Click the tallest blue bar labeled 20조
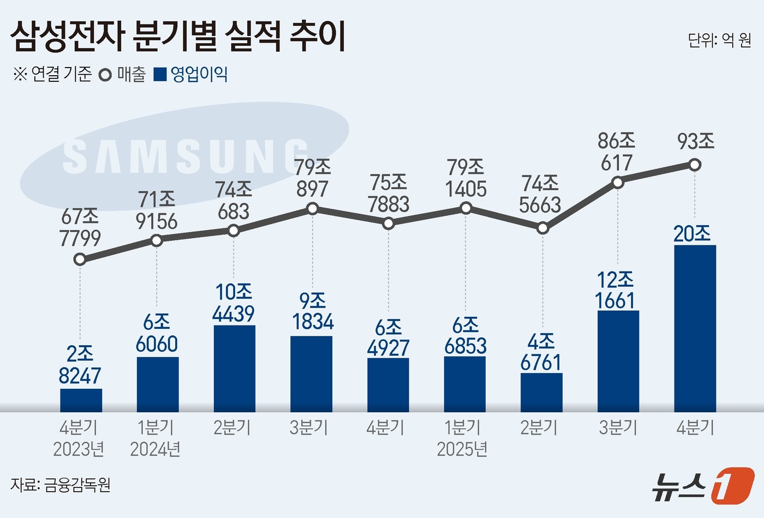click(x=695, y=328)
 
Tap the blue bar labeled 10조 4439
click(x=234, y=368)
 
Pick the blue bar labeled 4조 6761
click(x=541, y=392)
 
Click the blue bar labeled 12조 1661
click(x=618, y=361)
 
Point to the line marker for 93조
click(x=695, y=164)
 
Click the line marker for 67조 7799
click(x=80, y=259)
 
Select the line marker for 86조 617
click(x=618, y=182)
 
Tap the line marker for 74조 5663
click(x=542, y=228)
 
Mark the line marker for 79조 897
click(x=312, y=208)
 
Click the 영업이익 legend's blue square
click(x=160, y=75)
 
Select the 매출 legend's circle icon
click(x=105, y=75)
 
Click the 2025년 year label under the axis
click(x=462, y=449)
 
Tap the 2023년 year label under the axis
click(x=79, y=449)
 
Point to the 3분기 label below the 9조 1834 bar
click(x=309, y=427)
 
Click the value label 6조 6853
click(x=465, y=336)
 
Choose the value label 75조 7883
click(x=388, y=194)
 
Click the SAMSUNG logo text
click(x=186, y=156)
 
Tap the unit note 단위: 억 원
click(x=719, y=40)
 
